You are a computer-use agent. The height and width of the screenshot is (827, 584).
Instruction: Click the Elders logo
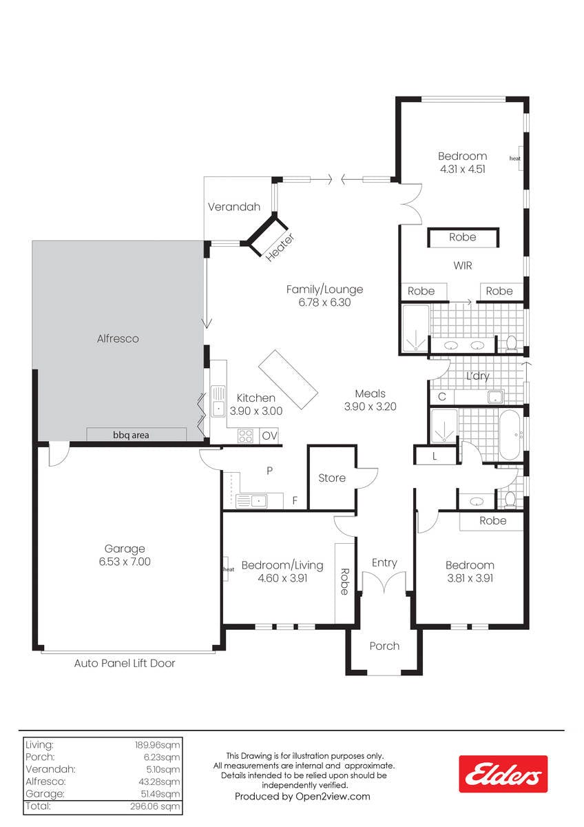point(503,774)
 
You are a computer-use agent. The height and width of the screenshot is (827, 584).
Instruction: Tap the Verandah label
point(234,207)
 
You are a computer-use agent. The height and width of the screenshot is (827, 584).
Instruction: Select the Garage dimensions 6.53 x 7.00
point(125,562)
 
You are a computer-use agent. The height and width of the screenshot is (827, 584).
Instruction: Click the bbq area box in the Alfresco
point(136,434)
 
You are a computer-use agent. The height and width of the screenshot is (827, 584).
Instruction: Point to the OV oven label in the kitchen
point(269,436)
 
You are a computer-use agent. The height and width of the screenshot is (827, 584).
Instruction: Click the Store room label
point(332,478)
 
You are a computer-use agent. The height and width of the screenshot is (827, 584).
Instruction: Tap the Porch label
point(384,646)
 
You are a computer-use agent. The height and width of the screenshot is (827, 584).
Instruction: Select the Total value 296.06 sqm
point(155,806)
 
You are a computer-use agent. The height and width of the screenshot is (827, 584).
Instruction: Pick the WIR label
point(463,265)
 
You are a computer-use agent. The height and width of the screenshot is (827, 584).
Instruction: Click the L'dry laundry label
point(478,376)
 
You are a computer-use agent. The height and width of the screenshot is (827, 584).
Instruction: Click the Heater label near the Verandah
point(280,247)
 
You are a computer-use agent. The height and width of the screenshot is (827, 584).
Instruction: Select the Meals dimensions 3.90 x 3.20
point(371,407)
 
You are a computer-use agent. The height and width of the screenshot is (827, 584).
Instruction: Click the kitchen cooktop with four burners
point(245,436)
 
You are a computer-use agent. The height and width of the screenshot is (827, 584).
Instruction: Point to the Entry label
point(384,562)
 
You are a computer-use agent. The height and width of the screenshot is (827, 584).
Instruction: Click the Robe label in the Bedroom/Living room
point(344,582)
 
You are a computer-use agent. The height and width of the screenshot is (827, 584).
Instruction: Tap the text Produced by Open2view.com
point(302,797)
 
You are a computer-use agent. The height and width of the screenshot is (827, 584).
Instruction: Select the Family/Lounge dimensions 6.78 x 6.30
point(324,303)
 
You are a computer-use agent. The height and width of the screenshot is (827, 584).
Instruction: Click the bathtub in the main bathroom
point(510,435)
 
